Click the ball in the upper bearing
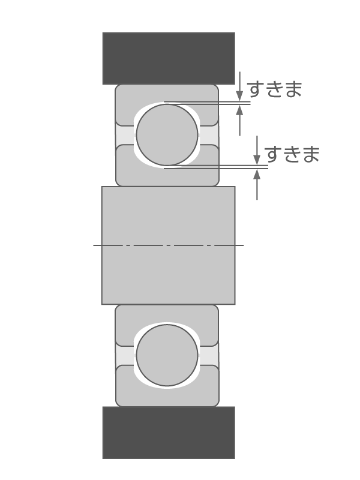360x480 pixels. (x=167, y=135)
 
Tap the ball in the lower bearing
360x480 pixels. (x=167, y=355)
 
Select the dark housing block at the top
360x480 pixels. (x=168, y=58)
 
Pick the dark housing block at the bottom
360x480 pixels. (x=168, y=433)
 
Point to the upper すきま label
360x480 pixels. (x=274, y=89)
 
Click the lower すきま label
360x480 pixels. (x=292, y=154)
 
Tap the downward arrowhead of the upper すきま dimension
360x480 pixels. (x=239, y=95)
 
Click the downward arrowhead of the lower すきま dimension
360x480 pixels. (x=257, y=160)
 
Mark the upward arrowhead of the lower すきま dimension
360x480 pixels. (x=257, y=174)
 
